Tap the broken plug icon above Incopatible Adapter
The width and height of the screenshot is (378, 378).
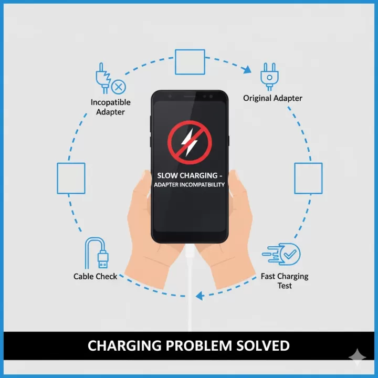pos(103,78)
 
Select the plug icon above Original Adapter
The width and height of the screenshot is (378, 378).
pos(269,77)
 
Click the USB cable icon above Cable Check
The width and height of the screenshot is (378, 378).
pos(97,253)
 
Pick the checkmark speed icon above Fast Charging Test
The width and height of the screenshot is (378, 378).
pos(281,254)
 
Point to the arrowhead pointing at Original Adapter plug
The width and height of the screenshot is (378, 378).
pos(247,69)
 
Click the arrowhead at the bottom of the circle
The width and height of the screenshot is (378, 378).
pos(200,296)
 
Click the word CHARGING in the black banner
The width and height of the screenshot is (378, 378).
pos(124,345)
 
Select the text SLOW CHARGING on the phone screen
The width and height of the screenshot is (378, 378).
pos(187,175)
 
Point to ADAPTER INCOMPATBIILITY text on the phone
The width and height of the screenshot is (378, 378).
pos(189,185)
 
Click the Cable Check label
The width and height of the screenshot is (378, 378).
pos(95,276)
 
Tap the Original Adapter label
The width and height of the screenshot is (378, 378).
pos(272,98)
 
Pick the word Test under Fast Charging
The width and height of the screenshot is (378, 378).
pos(285,286)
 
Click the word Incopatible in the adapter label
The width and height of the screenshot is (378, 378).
pos(111,102)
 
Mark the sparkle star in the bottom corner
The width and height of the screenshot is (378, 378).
pos(358,358)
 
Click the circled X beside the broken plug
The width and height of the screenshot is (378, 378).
pos(119,87)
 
